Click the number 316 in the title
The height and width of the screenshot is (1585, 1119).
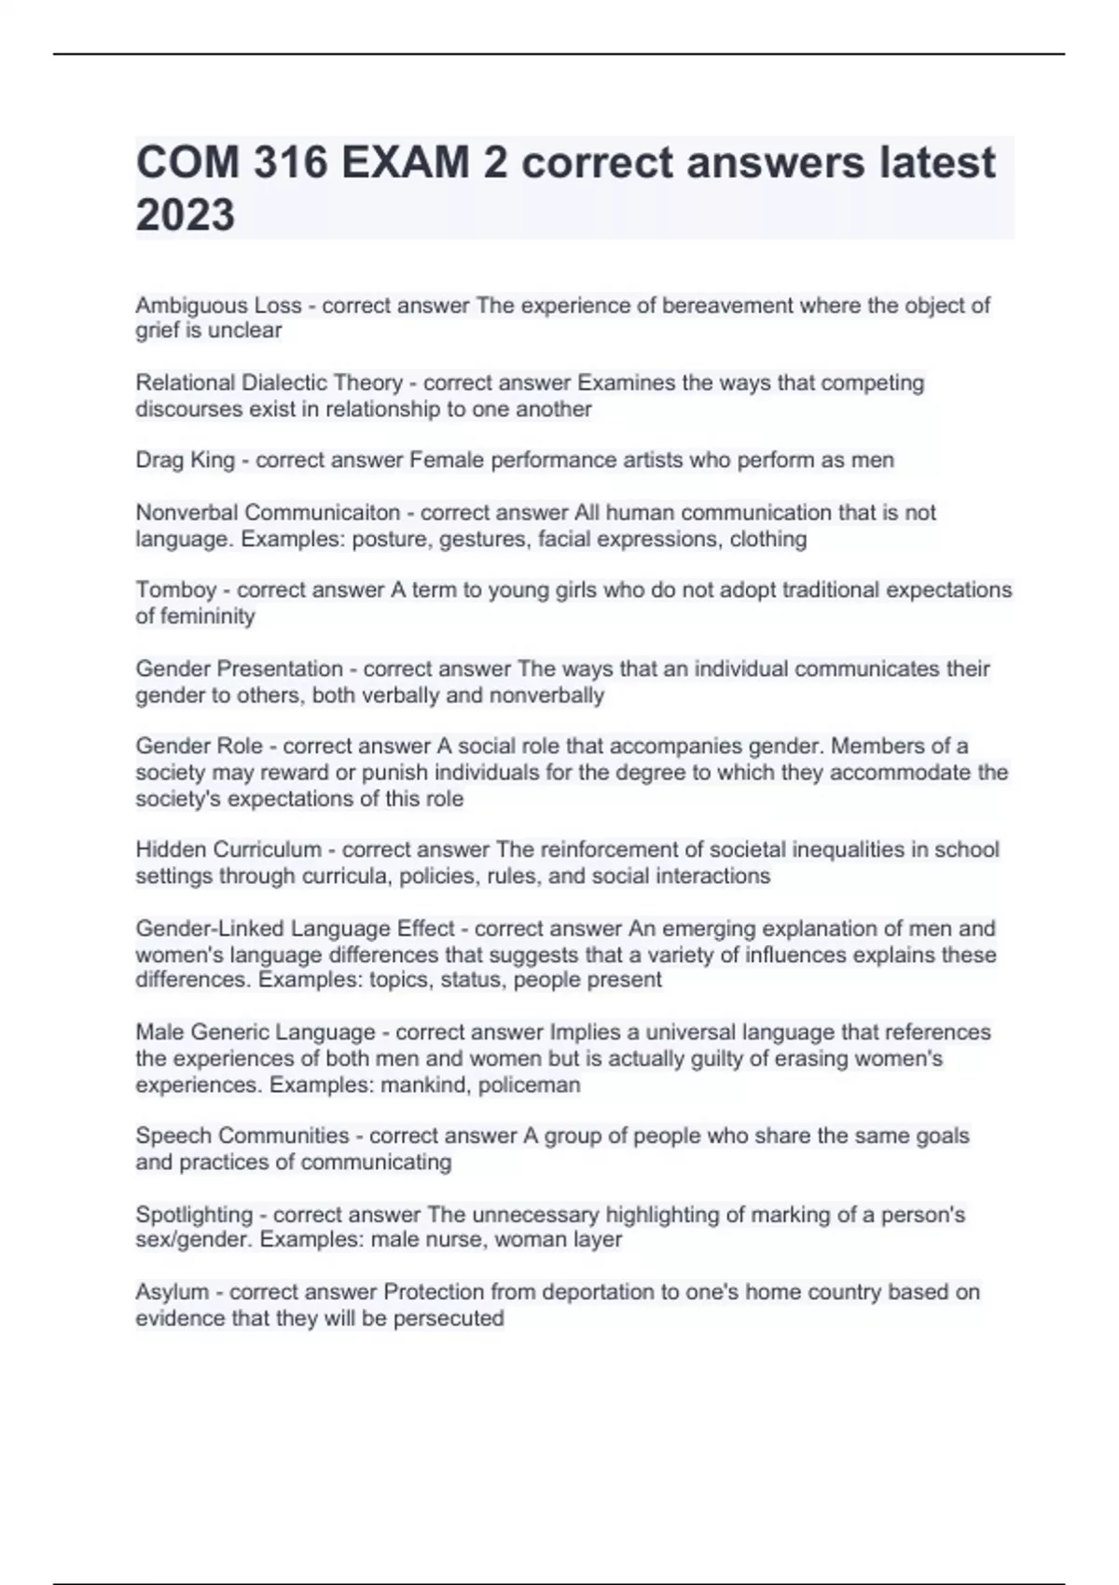click(289, 163)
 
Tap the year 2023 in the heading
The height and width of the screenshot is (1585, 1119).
click(186, 215)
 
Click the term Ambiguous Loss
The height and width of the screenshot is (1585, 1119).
click(218, 305)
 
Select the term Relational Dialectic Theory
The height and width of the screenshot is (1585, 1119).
click(269, 382)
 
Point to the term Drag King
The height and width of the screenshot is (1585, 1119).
click(185, 460)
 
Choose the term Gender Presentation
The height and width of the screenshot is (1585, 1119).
click(239, 668)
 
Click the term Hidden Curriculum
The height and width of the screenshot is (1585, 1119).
click(228, 849)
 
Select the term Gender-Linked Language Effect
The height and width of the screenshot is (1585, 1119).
click(295, 929)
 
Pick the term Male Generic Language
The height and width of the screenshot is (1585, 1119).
click(255, 1032)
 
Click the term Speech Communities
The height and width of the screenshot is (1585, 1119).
click(242, 1136)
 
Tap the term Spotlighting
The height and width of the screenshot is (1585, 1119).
click(194, 1215)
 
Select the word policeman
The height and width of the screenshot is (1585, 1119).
click(530, 1085)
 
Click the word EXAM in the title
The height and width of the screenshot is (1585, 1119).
click(405, 163)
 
